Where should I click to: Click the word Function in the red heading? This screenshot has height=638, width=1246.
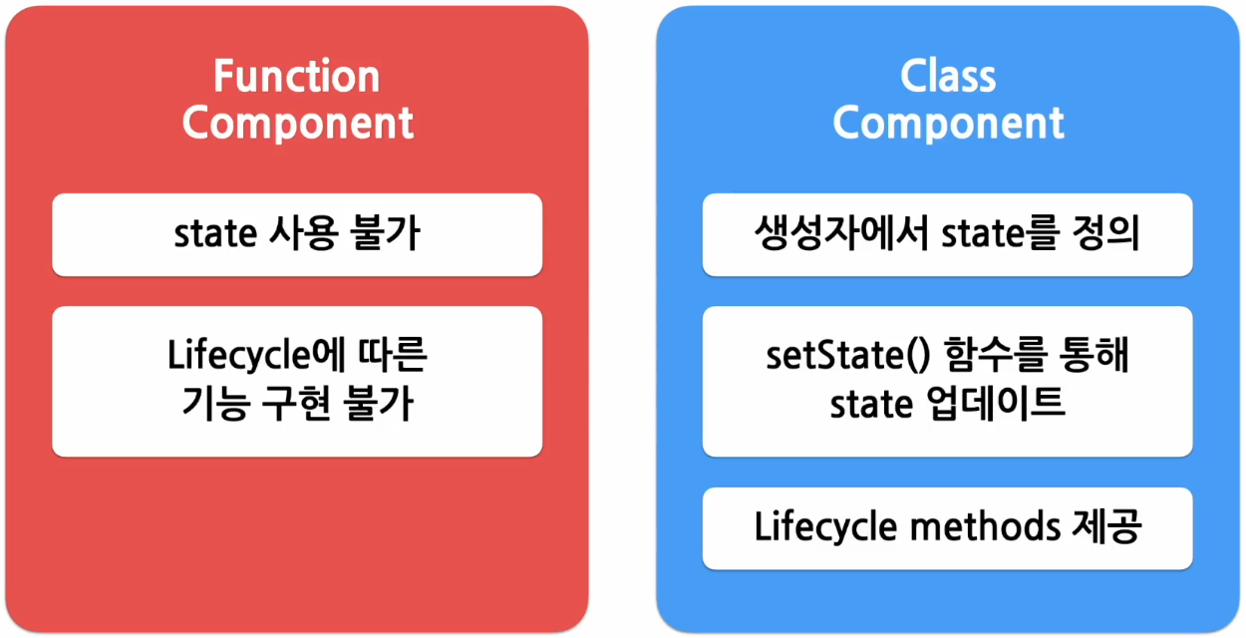point(297,77)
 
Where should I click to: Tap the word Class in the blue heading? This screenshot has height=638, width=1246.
point(948,77)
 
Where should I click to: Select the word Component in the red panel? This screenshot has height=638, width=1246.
point(297,124)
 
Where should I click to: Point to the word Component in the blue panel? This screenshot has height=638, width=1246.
point(948,124)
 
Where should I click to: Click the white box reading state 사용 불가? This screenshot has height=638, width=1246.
point(297,234)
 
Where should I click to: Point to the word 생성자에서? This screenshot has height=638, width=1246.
point(838,234)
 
